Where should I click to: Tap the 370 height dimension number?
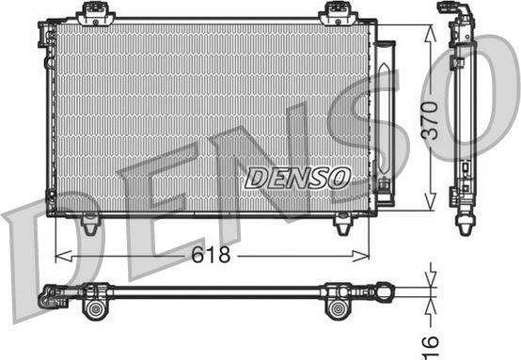(430, 121)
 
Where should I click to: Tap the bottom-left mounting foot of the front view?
(89, 225)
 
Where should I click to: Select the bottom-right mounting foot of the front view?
(342, 225)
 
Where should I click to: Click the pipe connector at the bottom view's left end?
(49, 300)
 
